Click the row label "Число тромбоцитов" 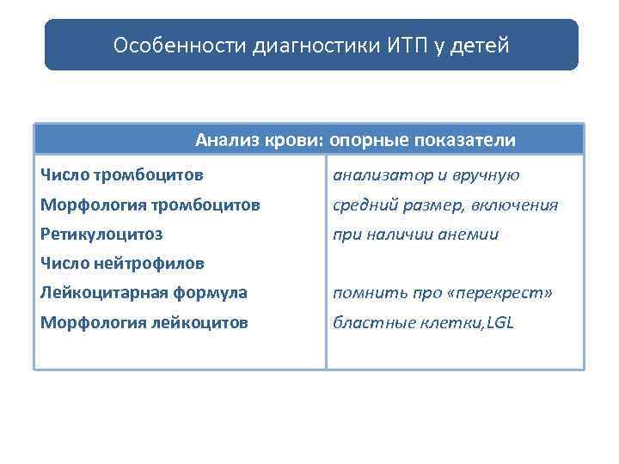click(122, 175)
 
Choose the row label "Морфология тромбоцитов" click(150, 205)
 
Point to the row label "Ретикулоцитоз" click(101, 234)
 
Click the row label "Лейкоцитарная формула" click(144, 292)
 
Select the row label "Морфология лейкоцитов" click(144, 323)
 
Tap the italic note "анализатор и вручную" click(426, 175)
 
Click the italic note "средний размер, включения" click(445, 205)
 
